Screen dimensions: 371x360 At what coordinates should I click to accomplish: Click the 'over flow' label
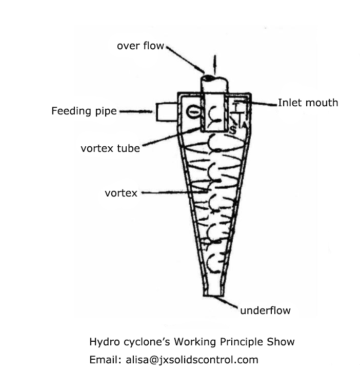140,46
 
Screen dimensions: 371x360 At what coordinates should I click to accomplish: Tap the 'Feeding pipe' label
84,111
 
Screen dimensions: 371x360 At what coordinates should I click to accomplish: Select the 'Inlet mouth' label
308,103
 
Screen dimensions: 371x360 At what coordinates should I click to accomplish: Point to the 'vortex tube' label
110,148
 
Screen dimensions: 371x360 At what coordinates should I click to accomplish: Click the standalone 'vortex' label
121,193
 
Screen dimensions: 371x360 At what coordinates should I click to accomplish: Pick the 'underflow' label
265,310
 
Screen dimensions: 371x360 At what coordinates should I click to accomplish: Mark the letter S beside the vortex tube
232,129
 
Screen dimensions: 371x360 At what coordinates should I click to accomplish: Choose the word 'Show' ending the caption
282,342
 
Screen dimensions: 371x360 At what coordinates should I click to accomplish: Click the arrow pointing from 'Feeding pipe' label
134,111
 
